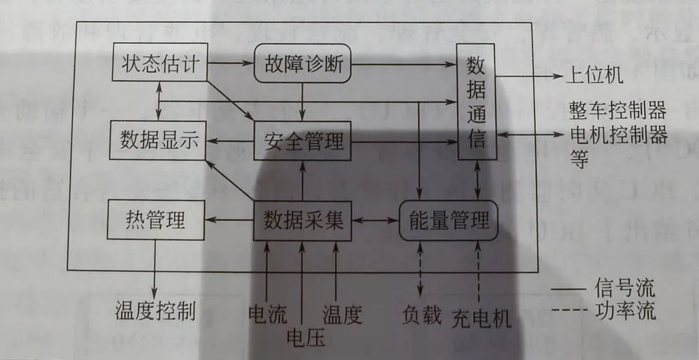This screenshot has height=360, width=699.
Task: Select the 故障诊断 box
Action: [302, 63]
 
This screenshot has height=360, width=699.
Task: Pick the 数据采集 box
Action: [303, 221]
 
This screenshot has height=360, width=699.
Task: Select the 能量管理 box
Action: [449, 221]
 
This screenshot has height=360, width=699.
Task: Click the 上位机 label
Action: [594, 76]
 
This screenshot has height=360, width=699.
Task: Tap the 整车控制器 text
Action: [617, 110]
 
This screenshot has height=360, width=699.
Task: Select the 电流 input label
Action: [267, 314]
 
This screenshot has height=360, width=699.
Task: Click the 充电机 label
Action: [482, 318]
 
